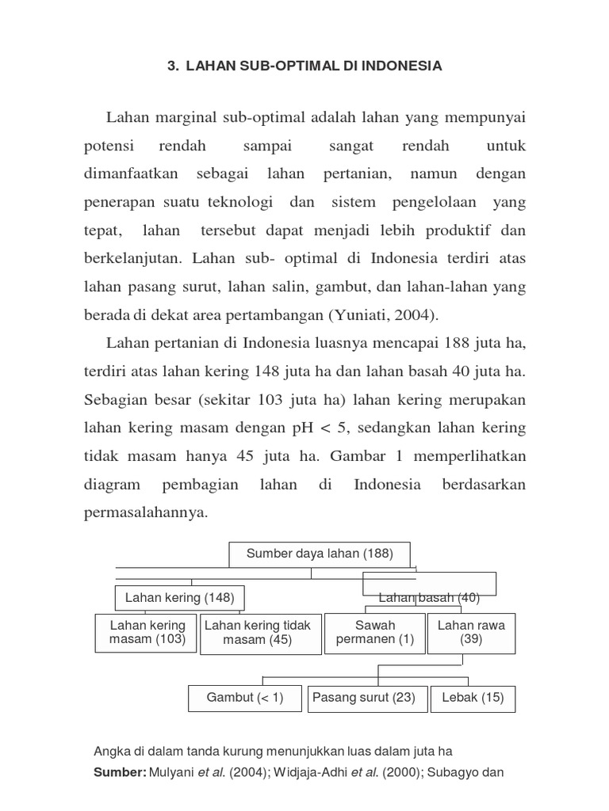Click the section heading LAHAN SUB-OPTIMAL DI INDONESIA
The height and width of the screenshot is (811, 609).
tap(304, 67)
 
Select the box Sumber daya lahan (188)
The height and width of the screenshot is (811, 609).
tap(320, 554)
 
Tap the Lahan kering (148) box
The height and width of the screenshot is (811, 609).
tap(179, 598)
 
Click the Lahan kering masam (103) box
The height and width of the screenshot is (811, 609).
tap(147, 632)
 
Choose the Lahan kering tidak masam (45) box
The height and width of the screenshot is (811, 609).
tap(258, 633)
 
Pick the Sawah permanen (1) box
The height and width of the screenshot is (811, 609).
tap(375, 632)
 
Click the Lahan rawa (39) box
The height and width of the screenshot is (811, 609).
tap(471, 632)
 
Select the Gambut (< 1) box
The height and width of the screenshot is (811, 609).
tap(244, 698)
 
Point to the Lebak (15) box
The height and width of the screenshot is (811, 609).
tap(471, 698)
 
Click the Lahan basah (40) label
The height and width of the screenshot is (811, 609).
tap(429, 598)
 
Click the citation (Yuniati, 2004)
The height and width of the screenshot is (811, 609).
tap(382, 314)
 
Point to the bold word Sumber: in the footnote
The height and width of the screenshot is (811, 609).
tap(119, 772)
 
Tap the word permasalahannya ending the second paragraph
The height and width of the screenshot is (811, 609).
tap(144, 512)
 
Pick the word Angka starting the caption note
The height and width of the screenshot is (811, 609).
tap(111, 750)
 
